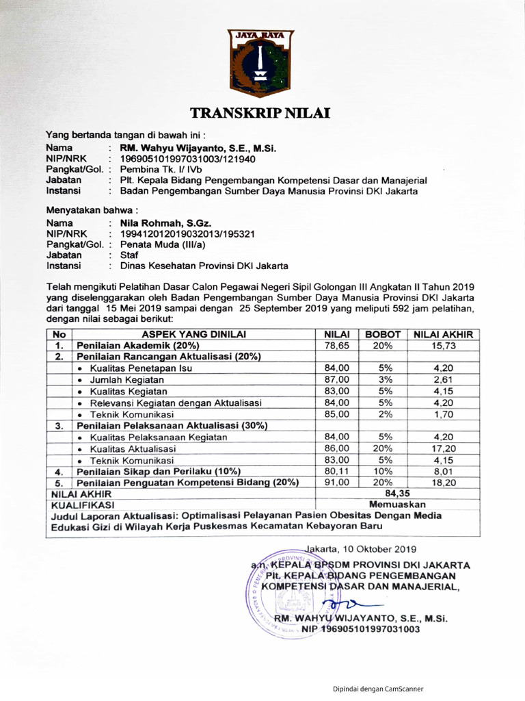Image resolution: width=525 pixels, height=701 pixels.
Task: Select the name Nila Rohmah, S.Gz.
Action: (x=165, y=223)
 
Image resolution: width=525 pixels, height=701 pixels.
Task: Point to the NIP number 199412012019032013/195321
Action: (x=187, y=233)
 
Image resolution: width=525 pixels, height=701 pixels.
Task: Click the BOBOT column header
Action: (x=383, y=334)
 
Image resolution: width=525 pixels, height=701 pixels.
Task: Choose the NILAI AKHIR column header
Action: (x=443, y=334)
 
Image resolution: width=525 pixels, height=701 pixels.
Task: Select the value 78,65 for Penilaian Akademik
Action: (x=337, y=345)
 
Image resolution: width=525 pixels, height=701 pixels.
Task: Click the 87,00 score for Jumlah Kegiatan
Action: (x=337, y=379)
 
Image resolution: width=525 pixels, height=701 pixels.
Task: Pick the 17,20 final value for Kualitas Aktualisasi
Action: (x=443, y=448)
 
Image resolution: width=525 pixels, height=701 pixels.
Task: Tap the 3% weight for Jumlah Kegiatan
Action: (x=383, y=379)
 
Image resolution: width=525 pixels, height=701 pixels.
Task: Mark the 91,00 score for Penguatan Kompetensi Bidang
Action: (x=337, y=482)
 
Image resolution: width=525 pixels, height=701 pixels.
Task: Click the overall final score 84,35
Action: (x=399, y=493)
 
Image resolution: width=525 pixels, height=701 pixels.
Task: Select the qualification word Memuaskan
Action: (x=399, y=504)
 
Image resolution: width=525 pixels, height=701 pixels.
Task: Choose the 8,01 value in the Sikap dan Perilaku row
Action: (x=443, y=471)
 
